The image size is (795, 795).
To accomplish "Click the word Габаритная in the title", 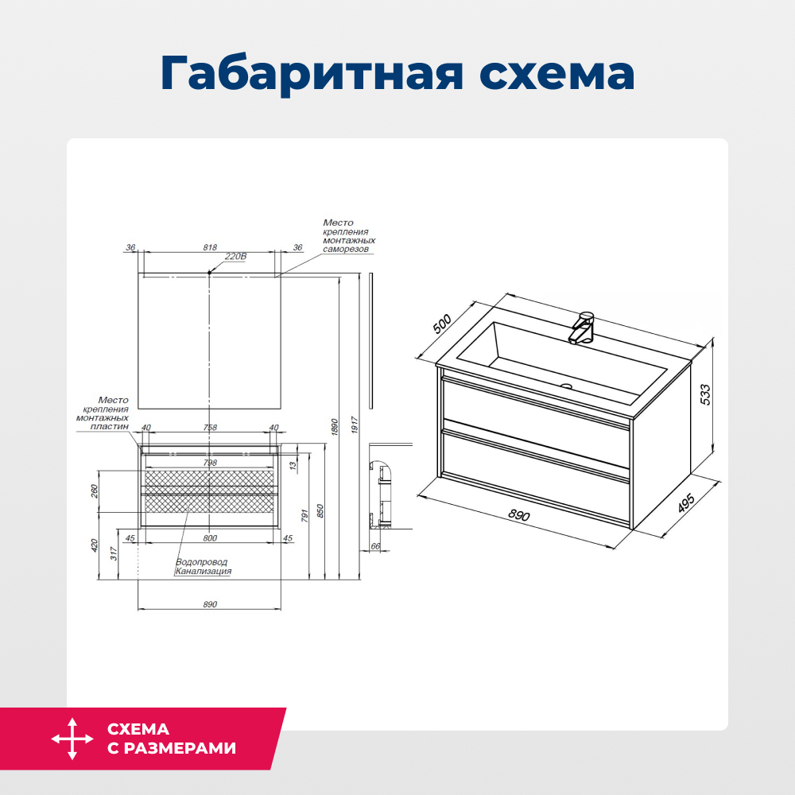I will click(307, 74).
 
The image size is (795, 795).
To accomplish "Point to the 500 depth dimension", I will click(443, 324).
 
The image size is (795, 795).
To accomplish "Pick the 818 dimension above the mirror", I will click(210, 247).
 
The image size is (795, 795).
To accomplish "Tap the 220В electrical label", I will click(236, 257).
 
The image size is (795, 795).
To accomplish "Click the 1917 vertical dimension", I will click(355, 425).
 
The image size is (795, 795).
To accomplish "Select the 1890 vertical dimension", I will click(335, 425).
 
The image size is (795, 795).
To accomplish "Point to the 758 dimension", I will click(210, 428).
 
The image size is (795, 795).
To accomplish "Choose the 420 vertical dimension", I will click(95, 545).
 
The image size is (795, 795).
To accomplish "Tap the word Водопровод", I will click(201, 562).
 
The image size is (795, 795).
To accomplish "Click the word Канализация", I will click(204, 571).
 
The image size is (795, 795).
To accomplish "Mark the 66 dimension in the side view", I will click(376, 546).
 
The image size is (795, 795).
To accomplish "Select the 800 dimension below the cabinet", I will click(210, 538).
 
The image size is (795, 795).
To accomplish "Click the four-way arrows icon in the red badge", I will click(72, 739).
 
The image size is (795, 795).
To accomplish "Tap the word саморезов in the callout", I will click(346, 249).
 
